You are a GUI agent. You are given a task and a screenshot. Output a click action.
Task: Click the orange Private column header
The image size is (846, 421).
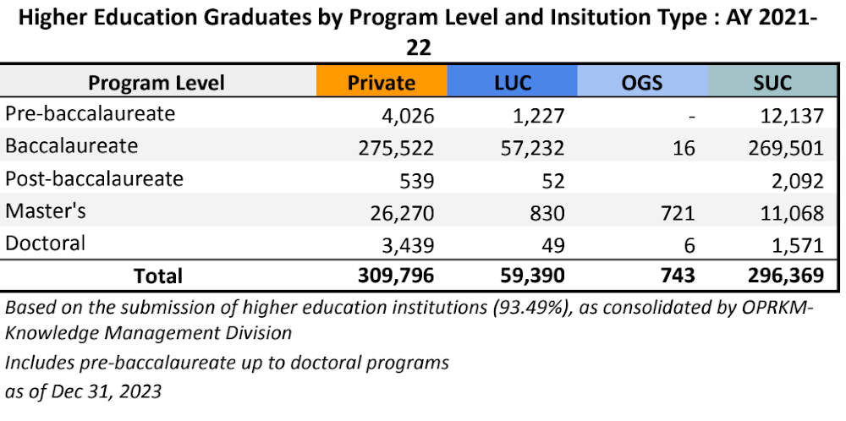[382, 83]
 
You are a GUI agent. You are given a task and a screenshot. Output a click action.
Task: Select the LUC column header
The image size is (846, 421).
[512, 83]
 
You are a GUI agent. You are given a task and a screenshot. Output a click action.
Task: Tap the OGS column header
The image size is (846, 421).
[642, 83]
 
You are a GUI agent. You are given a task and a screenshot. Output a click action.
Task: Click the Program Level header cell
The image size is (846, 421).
[157, 83]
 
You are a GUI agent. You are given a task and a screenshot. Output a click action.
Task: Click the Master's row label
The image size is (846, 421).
[46, 211]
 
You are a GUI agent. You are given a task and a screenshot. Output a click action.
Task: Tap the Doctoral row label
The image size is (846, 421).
[46, 243]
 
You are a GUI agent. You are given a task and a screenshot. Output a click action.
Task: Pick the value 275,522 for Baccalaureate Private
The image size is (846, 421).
[397, 148]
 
